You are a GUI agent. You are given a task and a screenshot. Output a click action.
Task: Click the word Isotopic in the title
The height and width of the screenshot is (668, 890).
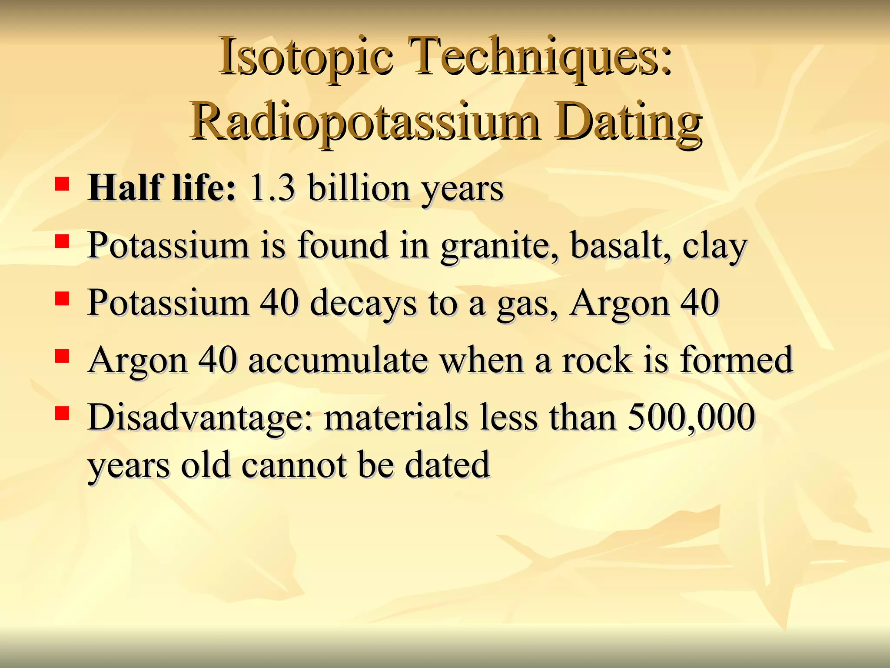(x=306, y=59)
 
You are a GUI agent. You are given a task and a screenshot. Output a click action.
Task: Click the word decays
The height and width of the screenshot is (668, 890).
(x=363, y=303)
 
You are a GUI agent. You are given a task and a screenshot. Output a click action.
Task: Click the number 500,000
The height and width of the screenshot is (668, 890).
(x=691, y=417)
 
